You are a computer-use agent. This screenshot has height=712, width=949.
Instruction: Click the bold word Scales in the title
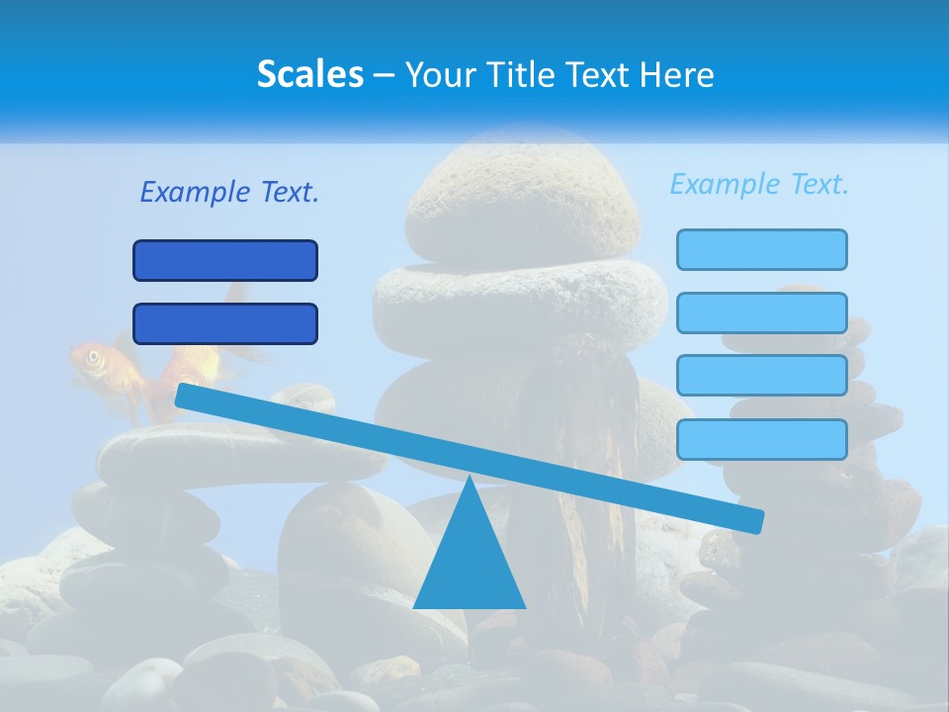click(x=309, y=74)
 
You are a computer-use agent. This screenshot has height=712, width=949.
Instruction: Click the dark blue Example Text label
click(x=229, y=192)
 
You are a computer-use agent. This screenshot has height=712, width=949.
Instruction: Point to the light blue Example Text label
click(x=759, y=184)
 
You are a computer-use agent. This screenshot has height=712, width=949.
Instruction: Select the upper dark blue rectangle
click(x=225, y=261)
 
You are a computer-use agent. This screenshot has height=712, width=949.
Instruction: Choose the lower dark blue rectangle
click(x=225, y=324)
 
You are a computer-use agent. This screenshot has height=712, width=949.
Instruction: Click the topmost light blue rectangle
click(x=762, y=249)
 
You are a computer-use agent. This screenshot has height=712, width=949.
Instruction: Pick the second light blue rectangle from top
click(x=762, y=312)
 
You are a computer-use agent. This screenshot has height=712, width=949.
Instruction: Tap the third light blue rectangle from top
click(x=762, y=376)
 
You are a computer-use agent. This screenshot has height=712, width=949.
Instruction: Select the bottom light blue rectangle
click(x=762, y=439)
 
